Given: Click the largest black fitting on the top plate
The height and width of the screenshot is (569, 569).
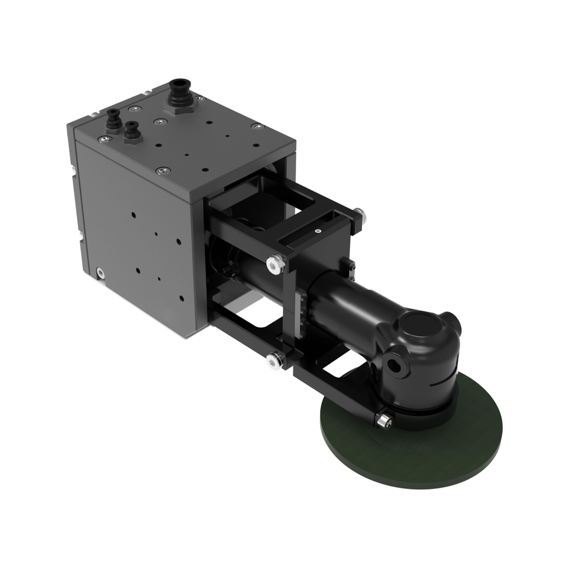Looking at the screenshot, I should (179, 92).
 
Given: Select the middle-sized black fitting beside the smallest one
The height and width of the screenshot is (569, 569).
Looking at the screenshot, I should (132, 132).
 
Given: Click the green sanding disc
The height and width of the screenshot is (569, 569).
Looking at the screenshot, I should (422, 445).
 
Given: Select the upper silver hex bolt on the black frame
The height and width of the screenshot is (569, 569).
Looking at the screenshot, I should (273, 264).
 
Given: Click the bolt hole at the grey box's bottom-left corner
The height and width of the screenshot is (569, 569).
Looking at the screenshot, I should (100, 272).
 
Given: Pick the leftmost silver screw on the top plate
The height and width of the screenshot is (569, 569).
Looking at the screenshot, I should (104, 138).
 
